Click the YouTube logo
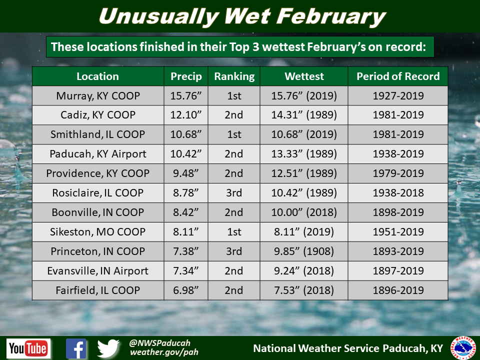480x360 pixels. tap(28, 348)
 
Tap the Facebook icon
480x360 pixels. tap(76, 348)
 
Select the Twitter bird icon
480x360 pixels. tap(108, 348)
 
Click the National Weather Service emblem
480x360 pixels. tap(464, 348)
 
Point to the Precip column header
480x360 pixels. tap(186, 76)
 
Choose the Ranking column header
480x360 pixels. tap(234, 76)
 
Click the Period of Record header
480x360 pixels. tap(398, 76)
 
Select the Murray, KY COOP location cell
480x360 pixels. tap(98, 96)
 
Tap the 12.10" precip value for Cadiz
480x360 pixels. tap(186, 115)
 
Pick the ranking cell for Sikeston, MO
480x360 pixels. tap(234, 231)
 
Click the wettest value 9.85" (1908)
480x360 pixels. tap(304, 251)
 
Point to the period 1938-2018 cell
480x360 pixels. tap(398, 193)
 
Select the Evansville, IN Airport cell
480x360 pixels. tap(97, 271)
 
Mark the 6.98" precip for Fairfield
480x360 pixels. tap(186, 290)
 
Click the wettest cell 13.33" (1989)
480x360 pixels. tap(304, 154)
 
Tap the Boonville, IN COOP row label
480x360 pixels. tap(97, 212)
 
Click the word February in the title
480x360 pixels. tap(330, 17)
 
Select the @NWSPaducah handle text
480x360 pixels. tap(160, 343)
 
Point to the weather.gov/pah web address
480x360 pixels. tap(164, 352)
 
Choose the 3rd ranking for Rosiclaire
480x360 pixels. tap(234, 193)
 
